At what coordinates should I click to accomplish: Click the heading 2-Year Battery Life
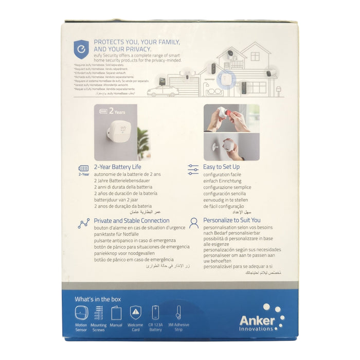pyautogui.click(x=117, y=167)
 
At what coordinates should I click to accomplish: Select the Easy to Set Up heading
pyautogui.click(x=222, y=167)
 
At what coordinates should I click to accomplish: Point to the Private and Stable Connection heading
pyautogui.click(x=132, y=221)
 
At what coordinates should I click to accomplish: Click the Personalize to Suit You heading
pyautogui.click(x=232, y=221)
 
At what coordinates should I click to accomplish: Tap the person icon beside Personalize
pyautogui.click(x=194, y=223)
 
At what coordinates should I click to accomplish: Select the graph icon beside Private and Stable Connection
pyautogui.click(x=83, y=223)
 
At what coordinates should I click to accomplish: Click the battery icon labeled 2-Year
pyautogui.click(x=83, y=168)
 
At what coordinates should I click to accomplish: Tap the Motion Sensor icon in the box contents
pyautogui.click(x=81, y=313)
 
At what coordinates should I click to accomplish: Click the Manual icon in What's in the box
pyautogui.click(x=116, y=313)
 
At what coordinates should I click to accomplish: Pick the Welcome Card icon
pyautogui.click(x=135, y=313)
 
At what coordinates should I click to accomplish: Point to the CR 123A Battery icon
pyautogui.click(x=156, y=313)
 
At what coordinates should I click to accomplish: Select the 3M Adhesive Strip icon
pyautogui.click(x=178, y=313)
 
